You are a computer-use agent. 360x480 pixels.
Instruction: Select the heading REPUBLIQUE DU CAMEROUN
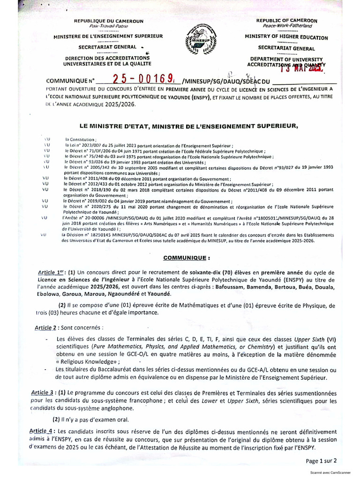click(109, 22)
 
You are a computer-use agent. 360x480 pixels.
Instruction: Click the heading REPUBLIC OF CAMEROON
click(287, 21)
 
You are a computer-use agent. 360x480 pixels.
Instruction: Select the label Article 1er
click(52, 272)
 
